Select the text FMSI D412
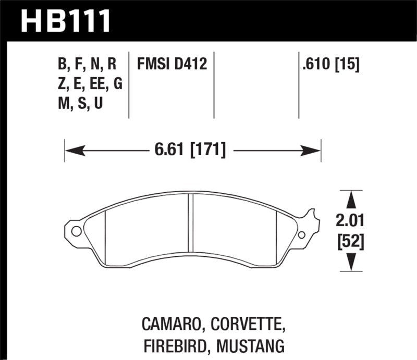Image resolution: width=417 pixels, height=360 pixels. (172, 65)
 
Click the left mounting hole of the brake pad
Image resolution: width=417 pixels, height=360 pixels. (76, 231)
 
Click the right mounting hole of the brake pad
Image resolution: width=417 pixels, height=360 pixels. (302, 235)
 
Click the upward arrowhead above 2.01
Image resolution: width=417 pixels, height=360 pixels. (351, 198)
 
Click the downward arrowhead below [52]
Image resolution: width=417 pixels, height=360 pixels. (351, 263)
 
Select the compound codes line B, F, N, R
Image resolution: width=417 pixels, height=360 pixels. (87, 65)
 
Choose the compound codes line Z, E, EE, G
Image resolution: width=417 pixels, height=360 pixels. (90, 83)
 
